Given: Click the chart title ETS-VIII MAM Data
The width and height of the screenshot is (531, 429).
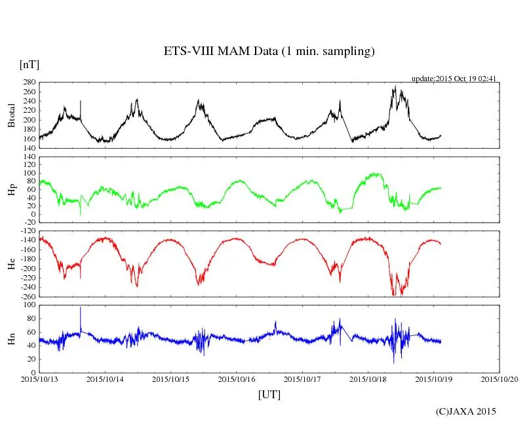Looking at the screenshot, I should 269,52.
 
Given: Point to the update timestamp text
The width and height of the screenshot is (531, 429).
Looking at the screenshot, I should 454,79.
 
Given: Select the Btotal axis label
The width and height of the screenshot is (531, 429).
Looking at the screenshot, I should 11,115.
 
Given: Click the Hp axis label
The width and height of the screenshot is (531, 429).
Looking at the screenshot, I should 11,189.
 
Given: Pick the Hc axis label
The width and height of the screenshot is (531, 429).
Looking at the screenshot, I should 11,263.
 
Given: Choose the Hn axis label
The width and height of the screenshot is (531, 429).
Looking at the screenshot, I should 11,338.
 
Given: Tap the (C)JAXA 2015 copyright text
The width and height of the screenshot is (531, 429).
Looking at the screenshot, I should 466,411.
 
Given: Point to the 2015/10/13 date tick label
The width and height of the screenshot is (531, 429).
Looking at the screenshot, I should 39,379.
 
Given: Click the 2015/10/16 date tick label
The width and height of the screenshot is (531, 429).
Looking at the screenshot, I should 237,379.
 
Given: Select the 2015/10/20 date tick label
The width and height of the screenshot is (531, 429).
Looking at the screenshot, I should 500,379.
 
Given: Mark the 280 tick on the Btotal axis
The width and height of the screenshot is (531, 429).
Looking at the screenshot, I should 28,83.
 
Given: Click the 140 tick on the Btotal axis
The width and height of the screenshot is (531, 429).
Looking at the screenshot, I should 28,149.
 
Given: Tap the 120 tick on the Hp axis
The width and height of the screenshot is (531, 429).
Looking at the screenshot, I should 28,157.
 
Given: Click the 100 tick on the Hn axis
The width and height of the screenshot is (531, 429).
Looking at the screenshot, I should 28,305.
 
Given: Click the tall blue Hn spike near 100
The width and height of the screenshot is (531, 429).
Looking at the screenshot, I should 81,308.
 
